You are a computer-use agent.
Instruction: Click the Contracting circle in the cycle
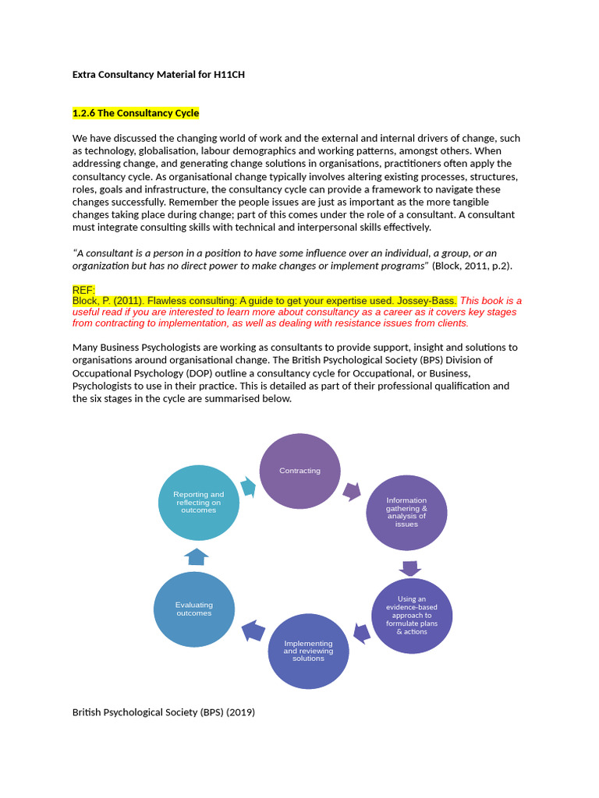tap(299, 471)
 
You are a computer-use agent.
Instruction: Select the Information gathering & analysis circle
tap(406, 512)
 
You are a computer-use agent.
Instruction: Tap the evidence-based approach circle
tap(411, 615)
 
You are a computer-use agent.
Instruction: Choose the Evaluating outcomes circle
tap(193, 609)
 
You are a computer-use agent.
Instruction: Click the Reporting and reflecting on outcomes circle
tap(198, 502)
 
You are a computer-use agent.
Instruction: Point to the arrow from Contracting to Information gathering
tap(352, 491)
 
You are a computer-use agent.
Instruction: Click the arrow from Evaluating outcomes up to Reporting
tap(197, 556)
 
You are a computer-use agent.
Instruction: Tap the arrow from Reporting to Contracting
tap(248, 486)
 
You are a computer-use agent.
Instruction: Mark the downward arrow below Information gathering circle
tap(410, 568)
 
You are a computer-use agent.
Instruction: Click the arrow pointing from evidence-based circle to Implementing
tap(361, 632)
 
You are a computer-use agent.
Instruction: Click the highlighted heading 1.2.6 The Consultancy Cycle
tap(136, 113)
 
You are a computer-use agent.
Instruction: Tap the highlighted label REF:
tap(83, 290)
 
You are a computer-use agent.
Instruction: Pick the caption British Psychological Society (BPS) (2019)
tap(164, 711)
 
